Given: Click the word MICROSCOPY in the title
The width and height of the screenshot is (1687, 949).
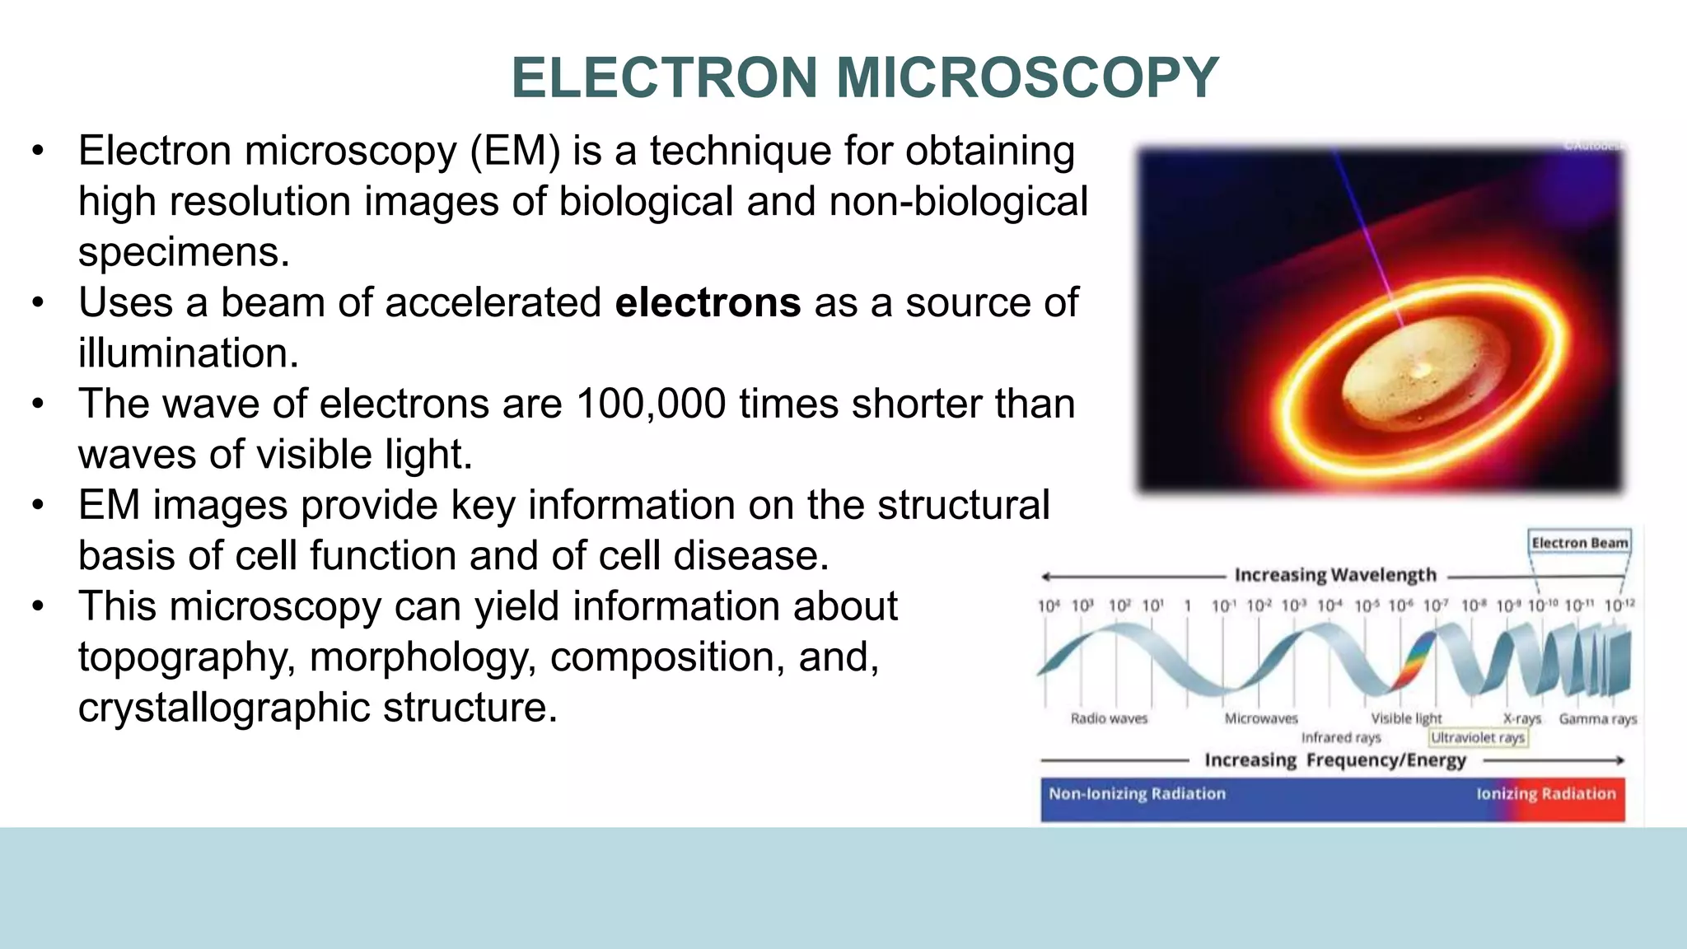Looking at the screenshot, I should tap(1027, 77).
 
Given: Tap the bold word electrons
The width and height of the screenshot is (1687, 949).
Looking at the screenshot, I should tap(708, 302).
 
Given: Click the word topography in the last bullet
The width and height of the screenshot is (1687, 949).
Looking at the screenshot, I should tap(186, 657).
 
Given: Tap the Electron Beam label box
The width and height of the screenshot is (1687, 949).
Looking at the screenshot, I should tap(1579, 543).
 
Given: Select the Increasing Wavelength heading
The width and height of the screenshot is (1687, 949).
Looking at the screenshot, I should tap(1334, 575).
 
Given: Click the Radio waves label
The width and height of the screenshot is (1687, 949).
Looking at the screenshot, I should tap(1109, 718).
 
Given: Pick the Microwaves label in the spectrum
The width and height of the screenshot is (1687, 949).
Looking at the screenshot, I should tap(1260, 718).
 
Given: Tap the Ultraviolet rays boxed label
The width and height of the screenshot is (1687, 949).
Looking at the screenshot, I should tap(1478, 737).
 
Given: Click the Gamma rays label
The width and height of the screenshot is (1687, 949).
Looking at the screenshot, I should tap(1597, 718).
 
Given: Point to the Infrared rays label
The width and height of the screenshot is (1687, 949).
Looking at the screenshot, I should tap(1340, 737).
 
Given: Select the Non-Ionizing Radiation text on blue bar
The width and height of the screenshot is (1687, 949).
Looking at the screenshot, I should tap(1137, 793).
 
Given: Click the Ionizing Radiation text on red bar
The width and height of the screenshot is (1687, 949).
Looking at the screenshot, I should tap(1545, 793).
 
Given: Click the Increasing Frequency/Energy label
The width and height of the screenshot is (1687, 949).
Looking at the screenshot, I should tap(1334, 760).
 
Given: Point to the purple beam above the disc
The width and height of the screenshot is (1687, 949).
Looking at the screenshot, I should tap(1363, 231).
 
